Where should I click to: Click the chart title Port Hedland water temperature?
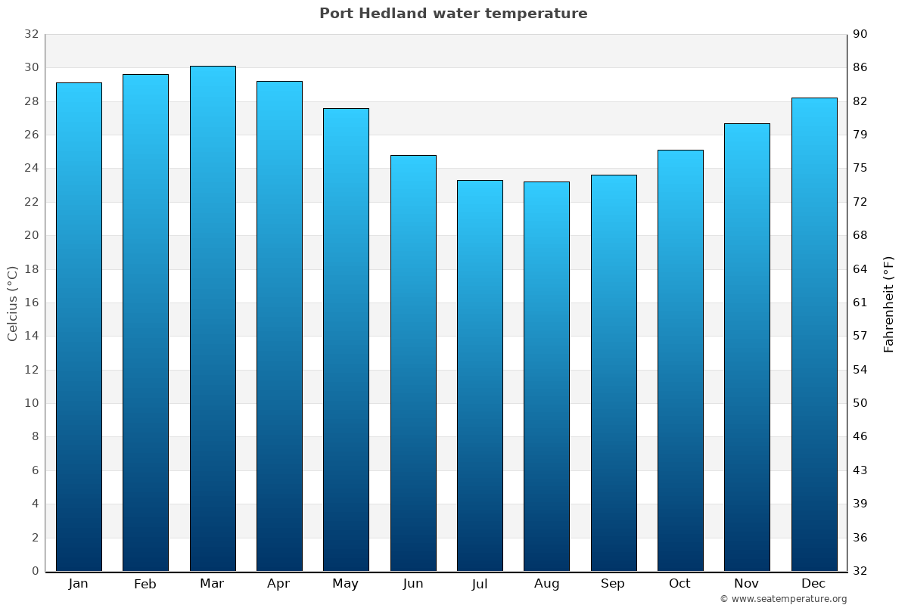click(x=453, y=14)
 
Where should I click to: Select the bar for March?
click(x=213, y=318)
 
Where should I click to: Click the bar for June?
click(x=413, y=363)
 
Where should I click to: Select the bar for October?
click(x=680, y=360)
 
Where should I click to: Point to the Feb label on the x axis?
click(x=145, y=584)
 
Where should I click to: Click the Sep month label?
click(x=613, y=584)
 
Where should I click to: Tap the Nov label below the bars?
click(x=747, y=584)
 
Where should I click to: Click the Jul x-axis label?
click(x=480, y=584)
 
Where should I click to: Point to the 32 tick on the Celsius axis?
click(x=31, y=34)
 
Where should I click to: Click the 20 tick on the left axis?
click(x=31, y=235)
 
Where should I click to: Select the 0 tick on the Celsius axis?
click(x=35, y=571)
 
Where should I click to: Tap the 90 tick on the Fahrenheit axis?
click(x=861, y=34)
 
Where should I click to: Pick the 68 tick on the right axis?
click(x=861, y=235)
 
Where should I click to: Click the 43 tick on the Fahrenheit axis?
click(x=861, y=470)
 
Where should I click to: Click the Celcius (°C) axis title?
click(x=12, y=303)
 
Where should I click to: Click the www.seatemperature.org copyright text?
click(x=783, y=599)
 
